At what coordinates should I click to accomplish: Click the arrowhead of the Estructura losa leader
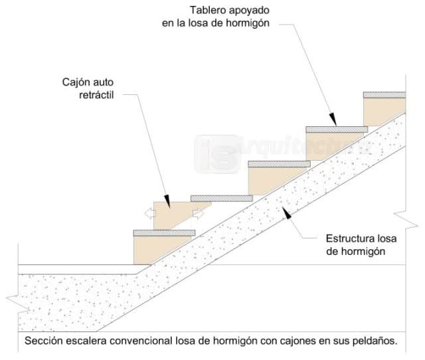coord(286,212)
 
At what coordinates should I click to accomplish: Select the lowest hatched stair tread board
coord(164,232)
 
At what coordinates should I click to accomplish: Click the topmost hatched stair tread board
coord(384,95)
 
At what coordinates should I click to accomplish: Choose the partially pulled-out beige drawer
coord(174,215)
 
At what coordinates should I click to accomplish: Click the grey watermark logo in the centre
coord(216,152)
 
